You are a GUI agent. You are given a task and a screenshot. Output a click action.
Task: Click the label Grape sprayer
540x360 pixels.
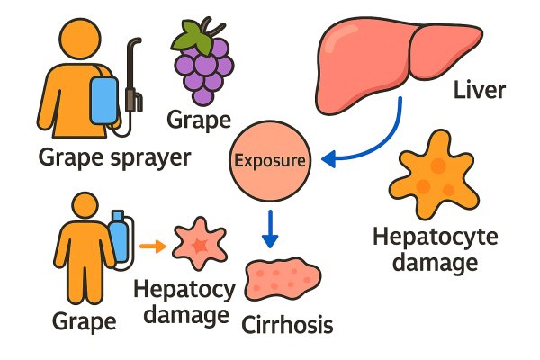(115, 158)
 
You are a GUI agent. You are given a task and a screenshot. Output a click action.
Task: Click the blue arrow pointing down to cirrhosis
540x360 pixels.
(269, 229)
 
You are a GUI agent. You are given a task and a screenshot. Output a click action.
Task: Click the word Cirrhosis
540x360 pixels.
(288, 324)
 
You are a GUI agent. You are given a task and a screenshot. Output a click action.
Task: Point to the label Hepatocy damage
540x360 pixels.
(184, 302)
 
